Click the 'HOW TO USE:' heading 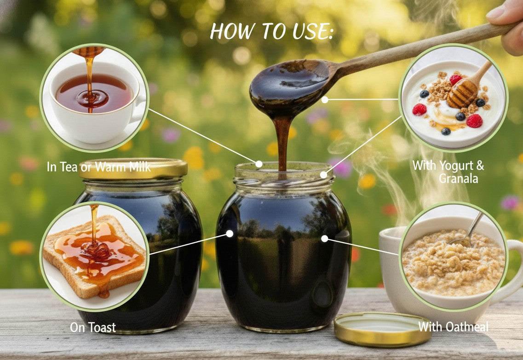pyautogui.click(x=271, y=31)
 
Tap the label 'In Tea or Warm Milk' pyautogui.click(x=98, y=167)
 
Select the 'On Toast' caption pyautogui.click(x=92, y=327)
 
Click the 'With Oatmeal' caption pyautogui.click(x=453, y=327)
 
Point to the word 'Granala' pyautogui.click(x=458, y=178)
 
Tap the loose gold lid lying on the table pyautogui.click(x=382, y=328)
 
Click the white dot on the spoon pyautogui.click(x=325, y=99)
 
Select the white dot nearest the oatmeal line pyautogui.click(x=325, y=238)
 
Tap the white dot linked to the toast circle pyautogui.click(x=230, y=234)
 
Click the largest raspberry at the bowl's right pyautogui.click(x=474, y=121)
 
